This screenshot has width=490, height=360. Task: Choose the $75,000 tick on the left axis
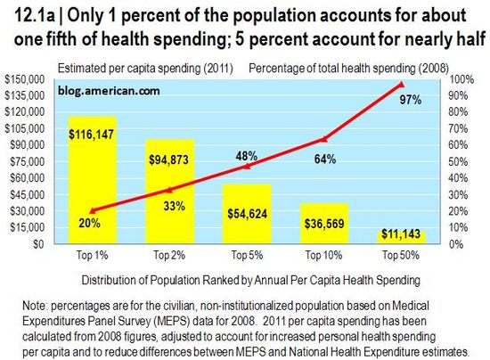pos(31,161)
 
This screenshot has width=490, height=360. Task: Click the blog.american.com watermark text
pos(105,90)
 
